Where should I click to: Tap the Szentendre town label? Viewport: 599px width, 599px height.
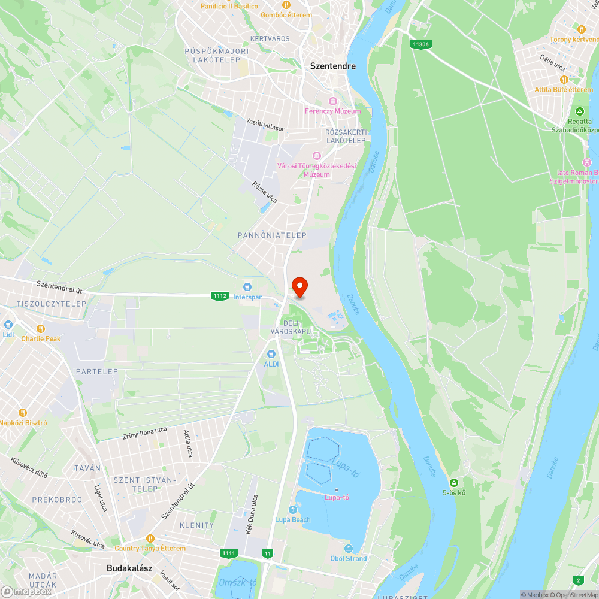point(332,66)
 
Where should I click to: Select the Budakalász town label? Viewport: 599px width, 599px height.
point(129,568)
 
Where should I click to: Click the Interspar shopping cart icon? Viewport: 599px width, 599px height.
point(247,288)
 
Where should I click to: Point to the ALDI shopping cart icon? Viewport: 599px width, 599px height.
point(271,355)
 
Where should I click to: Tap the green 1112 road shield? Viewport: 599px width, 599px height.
point(220,296)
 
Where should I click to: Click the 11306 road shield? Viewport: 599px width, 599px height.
point(421,44)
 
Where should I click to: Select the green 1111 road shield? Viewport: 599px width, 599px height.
point(228,553)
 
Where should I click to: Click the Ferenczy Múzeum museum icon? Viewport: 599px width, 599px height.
point(333,101)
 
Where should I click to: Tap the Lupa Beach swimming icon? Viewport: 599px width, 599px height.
point(293,510)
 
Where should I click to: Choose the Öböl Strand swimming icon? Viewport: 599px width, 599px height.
point(349,549)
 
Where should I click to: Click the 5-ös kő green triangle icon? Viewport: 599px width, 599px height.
point(454,483)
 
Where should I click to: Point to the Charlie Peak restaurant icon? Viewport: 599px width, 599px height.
point(41,329)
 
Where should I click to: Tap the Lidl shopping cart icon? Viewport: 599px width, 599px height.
point(8,325)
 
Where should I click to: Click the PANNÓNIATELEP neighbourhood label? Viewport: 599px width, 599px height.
point(272,235)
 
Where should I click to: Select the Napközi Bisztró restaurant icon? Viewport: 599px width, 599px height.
point(23,413)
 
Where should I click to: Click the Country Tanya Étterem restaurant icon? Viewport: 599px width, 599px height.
point(150,539)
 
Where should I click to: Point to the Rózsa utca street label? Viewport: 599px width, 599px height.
point(265,192)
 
